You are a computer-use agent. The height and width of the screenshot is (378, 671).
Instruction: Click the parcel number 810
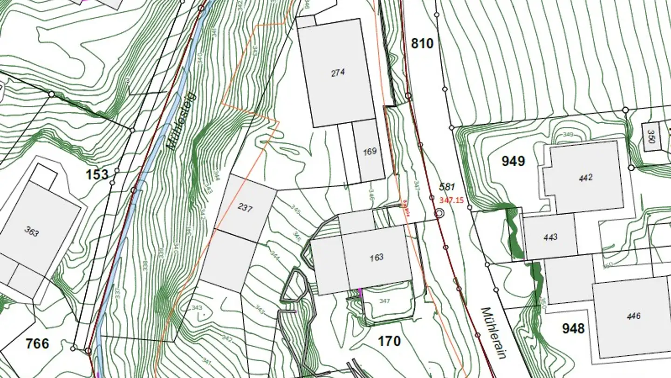click(422, 43)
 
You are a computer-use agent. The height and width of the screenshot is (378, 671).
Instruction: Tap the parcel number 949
click(513, 161)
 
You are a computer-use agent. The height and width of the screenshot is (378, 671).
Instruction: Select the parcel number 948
click(573, 328)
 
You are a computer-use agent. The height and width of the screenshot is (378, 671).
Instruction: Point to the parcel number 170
click(389, 341)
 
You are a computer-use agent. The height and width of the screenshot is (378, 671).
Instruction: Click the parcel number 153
click(97, 175)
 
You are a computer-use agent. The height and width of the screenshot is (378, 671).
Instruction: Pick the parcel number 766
click(37, 343)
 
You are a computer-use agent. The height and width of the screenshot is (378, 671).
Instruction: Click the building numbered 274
click(338, 73)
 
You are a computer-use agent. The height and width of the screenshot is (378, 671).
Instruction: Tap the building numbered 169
click(370, 151)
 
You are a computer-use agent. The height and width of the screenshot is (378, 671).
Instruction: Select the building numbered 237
click(245, 208)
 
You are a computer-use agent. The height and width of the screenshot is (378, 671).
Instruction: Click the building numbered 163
click(377, 257)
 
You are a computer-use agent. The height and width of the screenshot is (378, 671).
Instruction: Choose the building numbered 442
click(585, 177)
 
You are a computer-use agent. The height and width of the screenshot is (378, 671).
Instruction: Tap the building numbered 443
click(550, 237)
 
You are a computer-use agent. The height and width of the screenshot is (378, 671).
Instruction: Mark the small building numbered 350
click(651, 137)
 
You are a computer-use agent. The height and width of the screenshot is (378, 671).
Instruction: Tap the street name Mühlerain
click(493, 332)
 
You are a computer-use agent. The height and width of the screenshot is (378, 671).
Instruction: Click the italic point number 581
click(447, 187)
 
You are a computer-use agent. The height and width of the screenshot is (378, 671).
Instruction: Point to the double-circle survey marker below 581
click(439, 213)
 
